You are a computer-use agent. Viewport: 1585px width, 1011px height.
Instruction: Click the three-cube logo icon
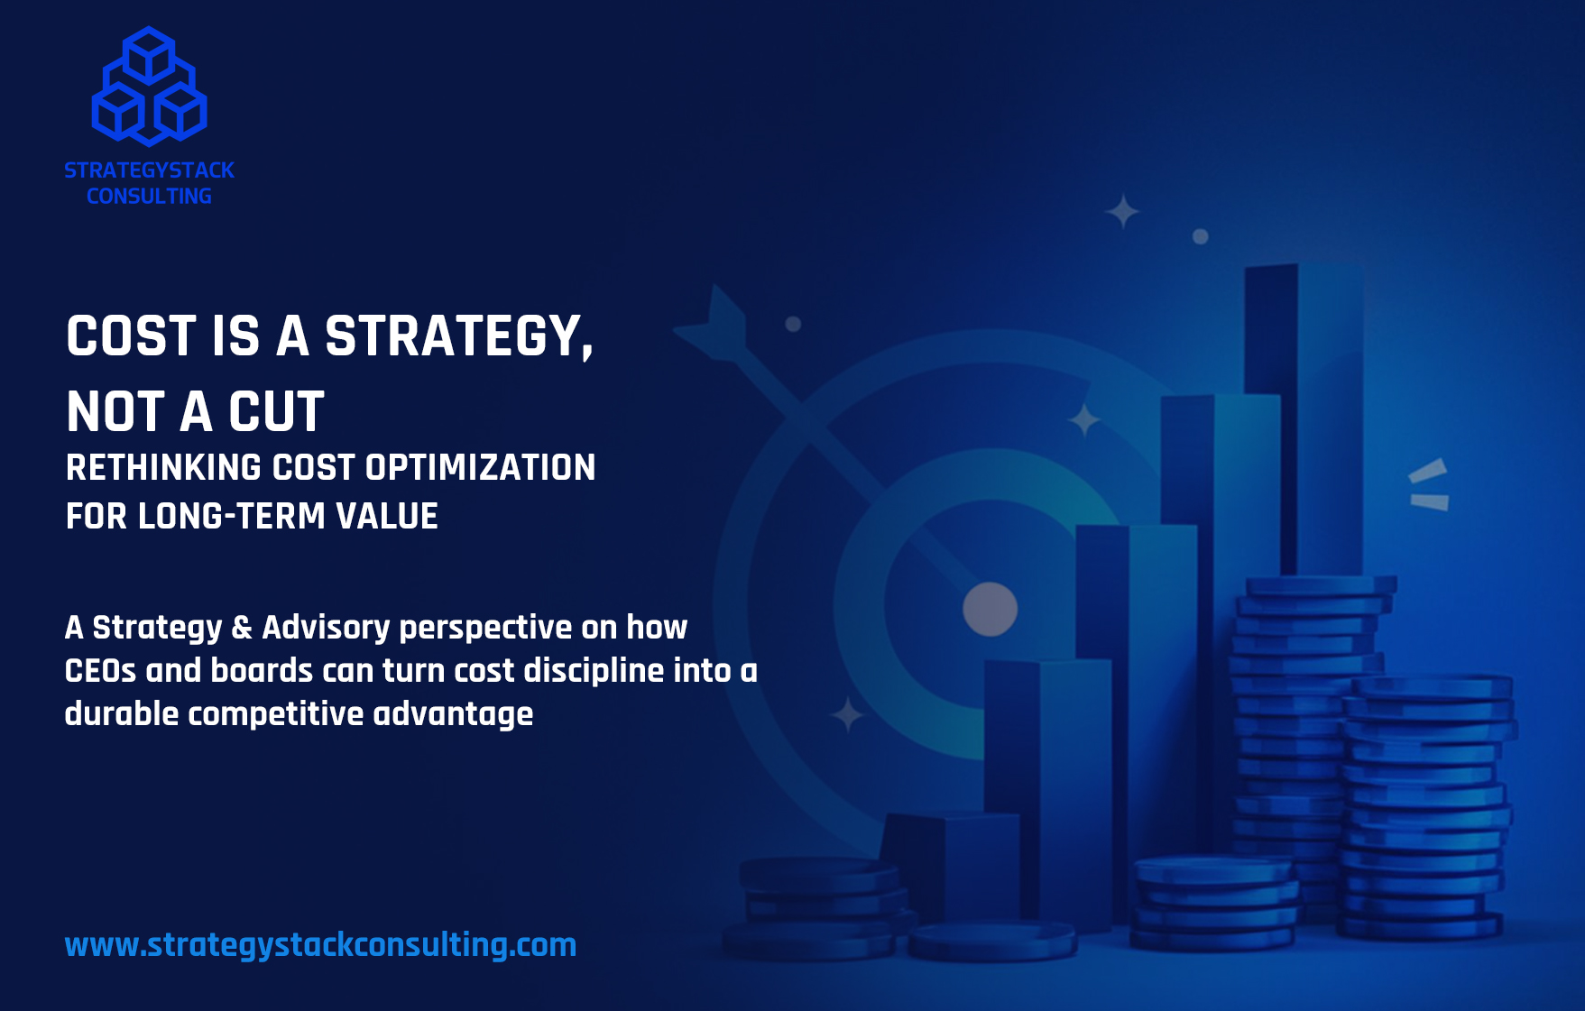point(149,87)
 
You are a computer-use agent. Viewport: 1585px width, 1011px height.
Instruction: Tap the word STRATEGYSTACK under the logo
point(149,170)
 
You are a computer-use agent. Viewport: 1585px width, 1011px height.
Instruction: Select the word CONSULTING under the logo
point(149,196)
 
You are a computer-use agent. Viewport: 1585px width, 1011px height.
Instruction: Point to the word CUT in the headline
point(276,412)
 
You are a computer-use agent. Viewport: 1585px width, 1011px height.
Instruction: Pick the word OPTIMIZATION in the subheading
point(480,467)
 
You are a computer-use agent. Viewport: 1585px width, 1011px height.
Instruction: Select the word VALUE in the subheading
point(387,516)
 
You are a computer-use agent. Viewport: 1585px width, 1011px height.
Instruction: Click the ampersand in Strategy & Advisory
point(242,627)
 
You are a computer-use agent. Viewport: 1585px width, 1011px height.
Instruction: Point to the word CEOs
point(100,670)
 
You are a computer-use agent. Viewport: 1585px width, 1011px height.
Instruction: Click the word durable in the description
point(122,713)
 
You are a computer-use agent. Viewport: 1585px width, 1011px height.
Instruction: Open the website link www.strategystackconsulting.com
point(320,944)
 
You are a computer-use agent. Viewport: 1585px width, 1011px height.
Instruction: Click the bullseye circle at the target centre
point(990,609)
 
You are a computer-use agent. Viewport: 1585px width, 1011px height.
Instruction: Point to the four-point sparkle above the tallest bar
point(1122,212)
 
